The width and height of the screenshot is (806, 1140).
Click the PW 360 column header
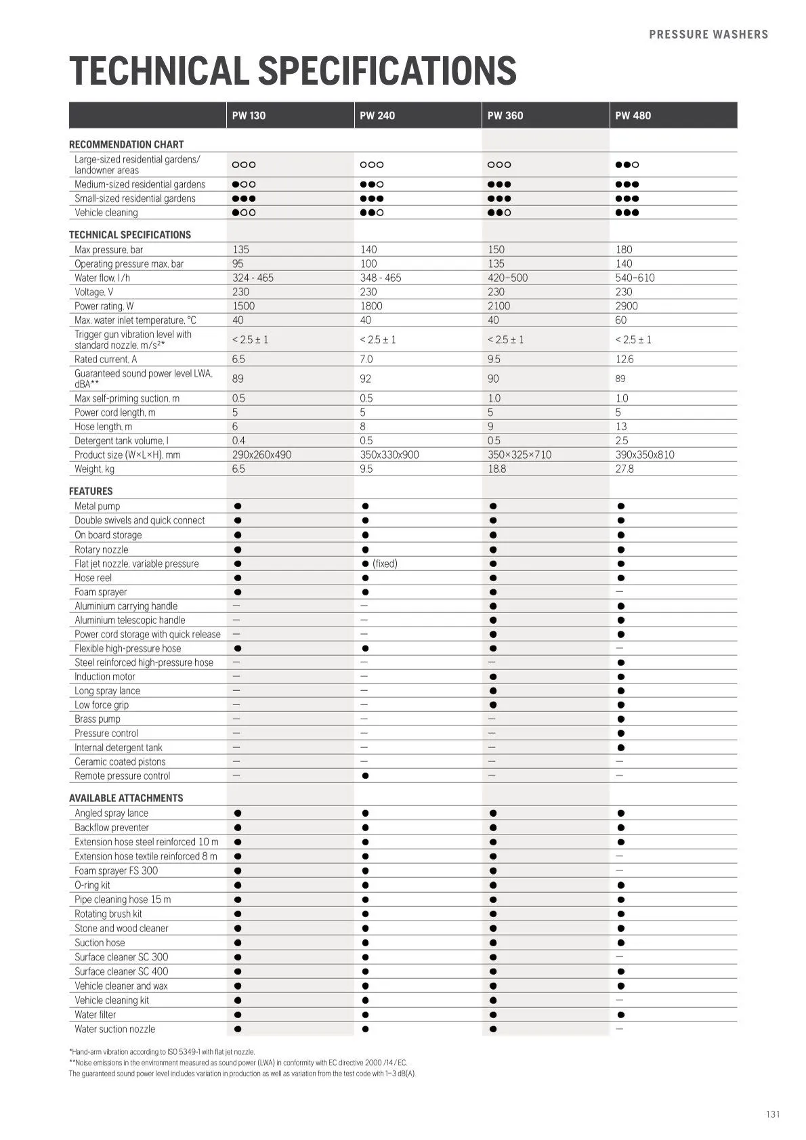pyautogui.click(x=505, y=115)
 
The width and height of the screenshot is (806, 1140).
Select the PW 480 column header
pyautogui.click(x=633, y=115)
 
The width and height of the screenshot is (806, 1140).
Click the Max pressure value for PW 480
pyautogui.click(x=624, y=249)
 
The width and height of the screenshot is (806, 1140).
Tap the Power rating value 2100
pyautogui.click(x=499, y=306)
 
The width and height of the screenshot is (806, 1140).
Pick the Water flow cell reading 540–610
pyautogui.click(x=635, y=278)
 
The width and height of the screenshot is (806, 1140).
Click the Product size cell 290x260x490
pyautogui.click(x=261, y=455)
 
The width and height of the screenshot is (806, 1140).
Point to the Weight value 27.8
pyautogui.click(x=624, y=469)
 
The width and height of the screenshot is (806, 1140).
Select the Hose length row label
pyautogui.click(x=103, y=427)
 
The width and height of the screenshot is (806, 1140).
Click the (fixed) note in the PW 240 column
pyautogui.click(x=385, y=564)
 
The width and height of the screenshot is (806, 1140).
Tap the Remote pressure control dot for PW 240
pyautogui.click(x=365, y=776)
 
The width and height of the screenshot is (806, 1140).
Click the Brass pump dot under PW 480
pyautogui.click(x=621, y=719)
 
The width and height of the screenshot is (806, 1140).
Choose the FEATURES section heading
pyautogui.click(x=91, y=491)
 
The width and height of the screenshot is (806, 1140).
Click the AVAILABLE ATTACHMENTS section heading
pyautogui.click(x=126, y=798)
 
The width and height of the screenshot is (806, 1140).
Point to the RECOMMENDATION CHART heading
pyautogui.click(x=126, y=144)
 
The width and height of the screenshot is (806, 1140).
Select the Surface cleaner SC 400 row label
pyautogui.click(x=121, y=971)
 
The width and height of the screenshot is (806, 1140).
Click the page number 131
pyautogui.click(x=773, y=1114)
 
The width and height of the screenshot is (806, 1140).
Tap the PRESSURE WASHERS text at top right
pyautogui.click(x=708, y=35)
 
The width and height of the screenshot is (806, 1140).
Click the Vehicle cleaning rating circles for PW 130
pyautogui.click(x=244, y=213)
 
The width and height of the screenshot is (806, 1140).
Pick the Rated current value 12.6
pyautogui.click(x=624, y=359)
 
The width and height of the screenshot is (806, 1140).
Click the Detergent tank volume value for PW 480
pyautogui.click(x=621, y=440)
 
